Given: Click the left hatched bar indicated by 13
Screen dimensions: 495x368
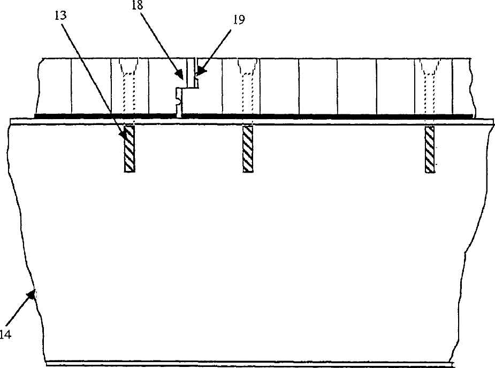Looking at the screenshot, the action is coord(130,148).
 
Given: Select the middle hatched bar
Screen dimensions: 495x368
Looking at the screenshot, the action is coord(248,148).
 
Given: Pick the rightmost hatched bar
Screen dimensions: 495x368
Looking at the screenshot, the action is coord(430,148).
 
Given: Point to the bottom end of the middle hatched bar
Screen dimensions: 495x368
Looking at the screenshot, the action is coord(248,171).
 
